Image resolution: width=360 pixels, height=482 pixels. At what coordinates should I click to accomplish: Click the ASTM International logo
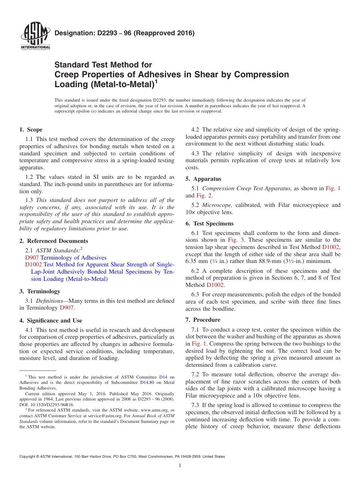click(x=35, y=36)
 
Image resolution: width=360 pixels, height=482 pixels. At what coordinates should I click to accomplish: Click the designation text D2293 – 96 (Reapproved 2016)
click(x=125, y=33)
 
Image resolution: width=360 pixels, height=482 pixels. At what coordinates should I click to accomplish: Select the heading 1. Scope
click(x=31, y=130)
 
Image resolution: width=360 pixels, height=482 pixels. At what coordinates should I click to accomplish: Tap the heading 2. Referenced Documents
click(x=54, y=241)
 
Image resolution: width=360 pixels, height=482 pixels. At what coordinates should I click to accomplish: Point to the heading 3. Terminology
click(x=40, y=291)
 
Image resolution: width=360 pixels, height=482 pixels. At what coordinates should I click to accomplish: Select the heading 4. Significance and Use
click(x=51, y=321)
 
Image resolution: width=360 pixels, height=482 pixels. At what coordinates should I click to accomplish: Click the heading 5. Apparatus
click(x=203, y=179)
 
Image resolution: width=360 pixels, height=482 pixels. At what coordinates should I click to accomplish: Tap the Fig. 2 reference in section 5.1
click(x=204, y=196)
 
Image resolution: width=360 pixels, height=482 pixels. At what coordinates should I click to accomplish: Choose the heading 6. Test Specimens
click(x=210, y=224)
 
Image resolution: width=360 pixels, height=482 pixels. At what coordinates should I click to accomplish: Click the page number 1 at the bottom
click(x=180, y=466)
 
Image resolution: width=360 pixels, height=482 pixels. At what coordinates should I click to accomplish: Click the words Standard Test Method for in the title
click(x=103, y=65)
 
